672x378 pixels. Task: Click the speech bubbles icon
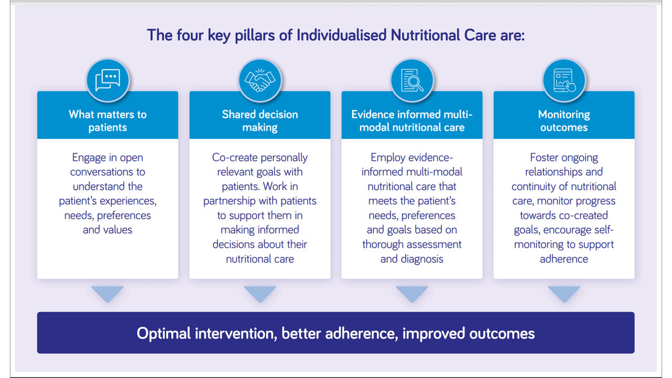click(108, 80)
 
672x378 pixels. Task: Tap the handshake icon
click(260, 80)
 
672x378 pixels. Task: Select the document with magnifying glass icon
click(412, 80)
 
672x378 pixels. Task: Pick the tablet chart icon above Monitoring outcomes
click(564, 80)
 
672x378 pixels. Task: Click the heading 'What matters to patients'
click(108, 121)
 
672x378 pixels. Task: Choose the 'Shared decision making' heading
click(260, 121)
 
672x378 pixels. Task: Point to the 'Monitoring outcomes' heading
click(564, 121)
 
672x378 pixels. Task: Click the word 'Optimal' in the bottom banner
click(164, 333)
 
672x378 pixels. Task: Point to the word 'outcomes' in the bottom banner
click(502, 333)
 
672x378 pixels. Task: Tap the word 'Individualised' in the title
click(341, 35)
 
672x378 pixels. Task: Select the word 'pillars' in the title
click(255, 36)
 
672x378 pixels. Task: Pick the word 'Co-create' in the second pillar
click(234, 158)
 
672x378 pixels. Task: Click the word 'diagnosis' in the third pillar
click(426, 259)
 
